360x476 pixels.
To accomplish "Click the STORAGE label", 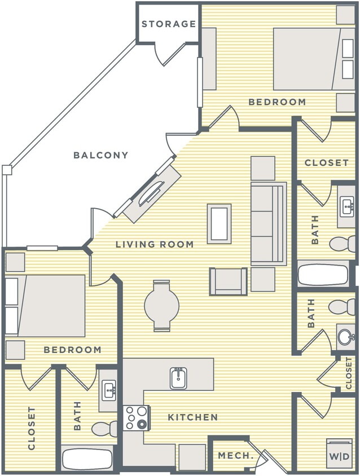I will coord(168,24).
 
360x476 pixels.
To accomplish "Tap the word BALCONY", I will coord(101,155).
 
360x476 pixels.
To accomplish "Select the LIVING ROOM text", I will coord(155,244).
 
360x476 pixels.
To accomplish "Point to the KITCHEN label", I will coord(192,417).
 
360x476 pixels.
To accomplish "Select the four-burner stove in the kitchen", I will coord(135,418).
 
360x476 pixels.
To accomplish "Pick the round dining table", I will coord(161,305).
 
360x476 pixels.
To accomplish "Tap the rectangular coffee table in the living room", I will coord(219,223).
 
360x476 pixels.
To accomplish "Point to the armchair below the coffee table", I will coord(228,281).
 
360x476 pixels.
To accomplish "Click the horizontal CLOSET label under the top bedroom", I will coord(326,162).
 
